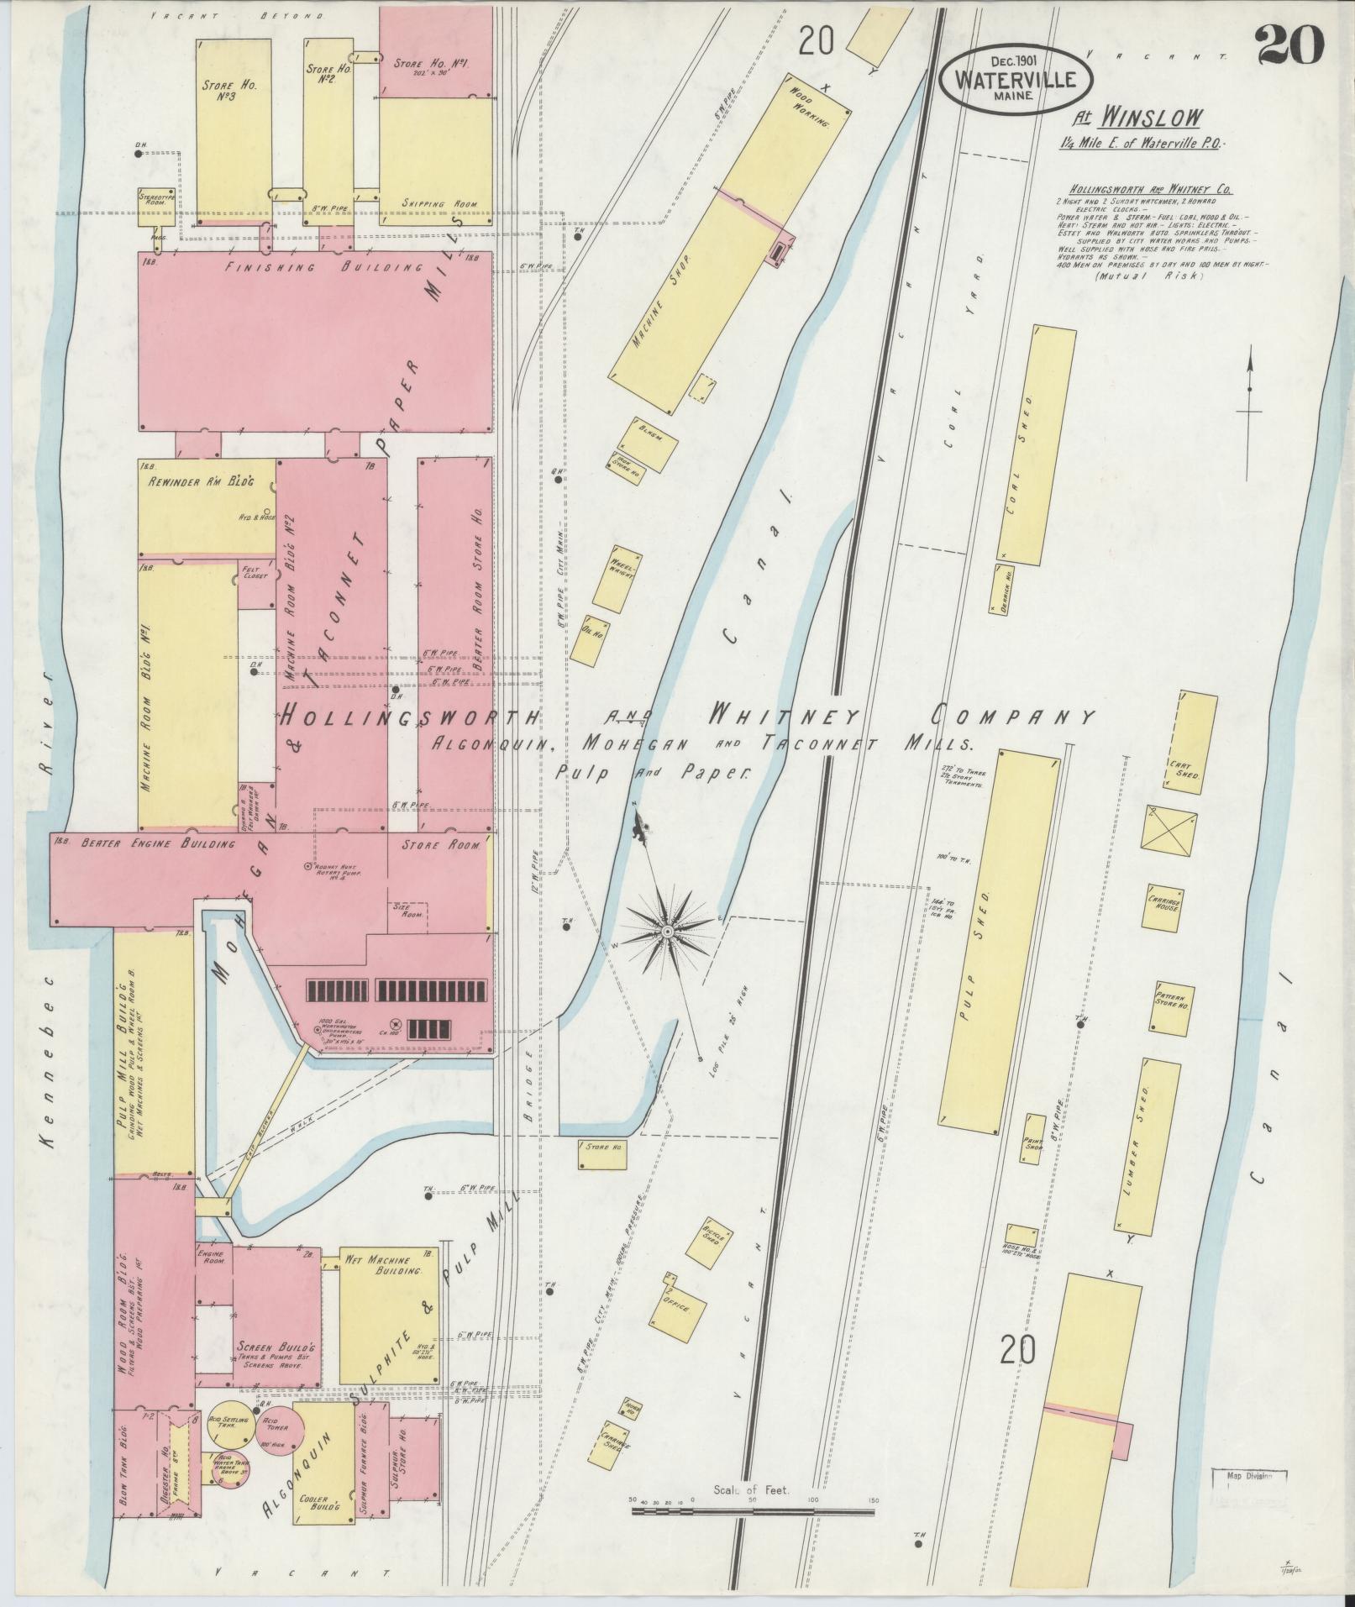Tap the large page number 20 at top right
pos(1290,44)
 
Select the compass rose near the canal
pos(668,931)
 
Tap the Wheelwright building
pos(617,579)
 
